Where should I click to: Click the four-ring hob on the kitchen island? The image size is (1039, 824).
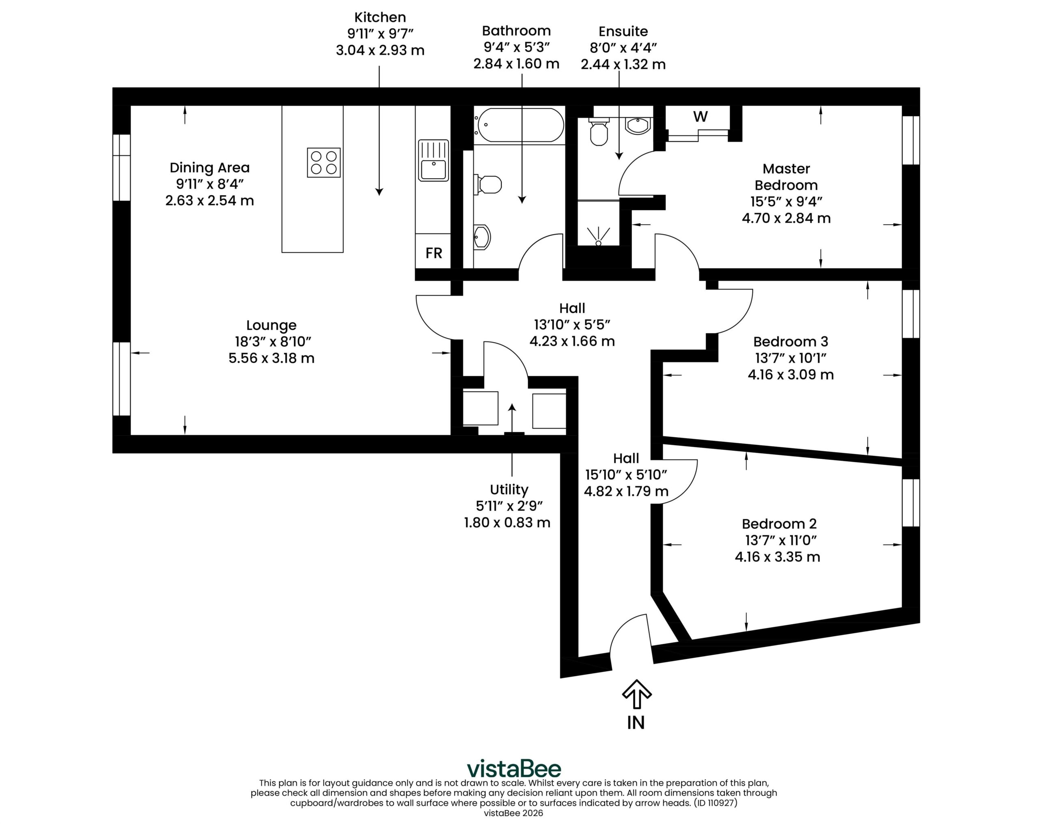324,162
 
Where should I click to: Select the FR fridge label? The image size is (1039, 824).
434,253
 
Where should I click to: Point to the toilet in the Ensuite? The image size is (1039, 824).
599,131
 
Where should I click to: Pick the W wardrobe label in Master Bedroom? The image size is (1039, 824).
700,116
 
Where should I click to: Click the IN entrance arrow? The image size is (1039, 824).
637,695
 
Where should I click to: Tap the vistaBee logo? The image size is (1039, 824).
514,768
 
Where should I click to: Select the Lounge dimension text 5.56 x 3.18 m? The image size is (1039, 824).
271,358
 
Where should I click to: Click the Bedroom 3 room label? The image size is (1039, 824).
790,342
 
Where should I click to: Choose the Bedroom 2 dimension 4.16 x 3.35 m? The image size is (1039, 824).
777,557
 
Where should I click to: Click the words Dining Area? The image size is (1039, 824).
210,168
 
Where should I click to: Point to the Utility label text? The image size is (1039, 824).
509,490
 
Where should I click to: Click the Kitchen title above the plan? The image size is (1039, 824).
380,17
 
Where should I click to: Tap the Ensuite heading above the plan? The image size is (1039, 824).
623,31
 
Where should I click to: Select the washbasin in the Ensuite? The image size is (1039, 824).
638,125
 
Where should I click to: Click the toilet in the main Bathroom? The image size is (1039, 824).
488,184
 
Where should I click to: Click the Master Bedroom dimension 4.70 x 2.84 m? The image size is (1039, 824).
786,218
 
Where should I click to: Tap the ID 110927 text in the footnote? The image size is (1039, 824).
715,803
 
